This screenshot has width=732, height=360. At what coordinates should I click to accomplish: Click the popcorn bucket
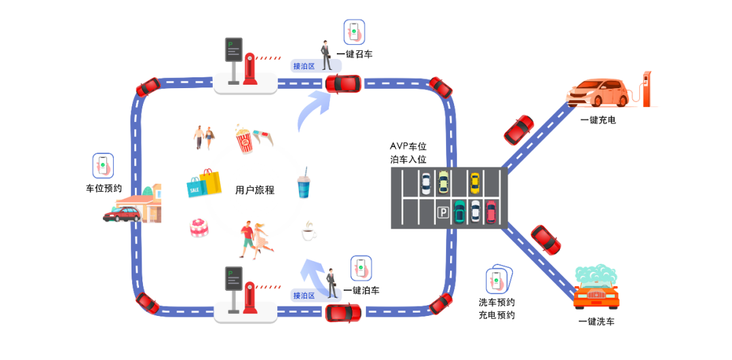point(244,140)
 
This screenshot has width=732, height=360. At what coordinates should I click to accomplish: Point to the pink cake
point(199,228)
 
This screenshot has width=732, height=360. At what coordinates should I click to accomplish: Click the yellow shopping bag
point(211,182)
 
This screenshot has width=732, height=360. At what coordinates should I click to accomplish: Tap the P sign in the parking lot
point(443,213)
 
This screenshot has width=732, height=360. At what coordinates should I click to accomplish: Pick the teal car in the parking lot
point(460,212)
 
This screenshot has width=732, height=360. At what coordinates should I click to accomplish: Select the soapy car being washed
point(596,287)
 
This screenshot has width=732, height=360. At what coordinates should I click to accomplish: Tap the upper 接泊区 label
point(303,66)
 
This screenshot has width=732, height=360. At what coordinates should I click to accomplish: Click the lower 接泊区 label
point(303,296)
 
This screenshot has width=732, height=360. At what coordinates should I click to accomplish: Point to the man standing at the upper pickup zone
point(326,56)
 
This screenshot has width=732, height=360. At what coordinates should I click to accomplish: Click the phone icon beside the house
point(102,165)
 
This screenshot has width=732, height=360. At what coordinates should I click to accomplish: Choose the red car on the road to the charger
point(519,129)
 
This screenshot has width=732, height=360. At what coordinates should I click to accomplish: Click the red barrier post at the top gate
point(250,69)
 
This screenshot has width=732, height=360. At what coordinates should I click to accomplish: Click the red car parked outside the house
point(122,215)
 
